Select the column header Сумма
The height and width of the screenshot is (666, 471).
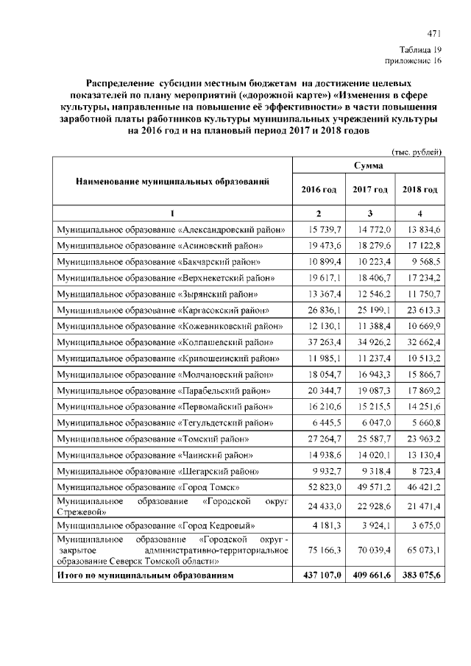click(368, 167)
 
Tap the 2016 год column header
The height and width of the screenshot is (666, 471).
click(319, 190)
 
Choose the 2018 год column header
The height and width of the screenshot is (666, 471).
click(419, 190)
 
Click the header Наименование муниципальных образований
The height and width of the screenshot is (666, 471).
click(173, 180)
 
